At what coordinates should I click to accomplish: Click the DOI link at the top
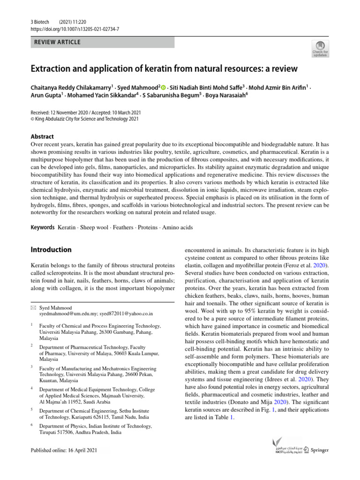(x=75, y=29)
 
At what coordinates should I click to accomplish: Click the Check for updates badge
(x=320, y=49)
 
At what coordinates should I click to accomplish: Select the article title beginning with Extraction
(x=164, y=69)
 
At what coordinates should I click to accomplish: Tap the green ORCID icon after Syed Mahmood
(x=164, y=87)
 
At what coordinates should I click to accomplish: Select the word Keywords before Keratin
(x=42, y=227)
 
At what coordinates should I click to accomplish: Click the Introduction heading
(x=51, y=250)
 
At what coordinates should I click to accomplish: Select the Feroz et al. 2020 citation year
(x=321, y=265)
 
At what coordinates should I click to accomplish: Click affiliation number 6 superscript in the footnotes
(x=31, y=425)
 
